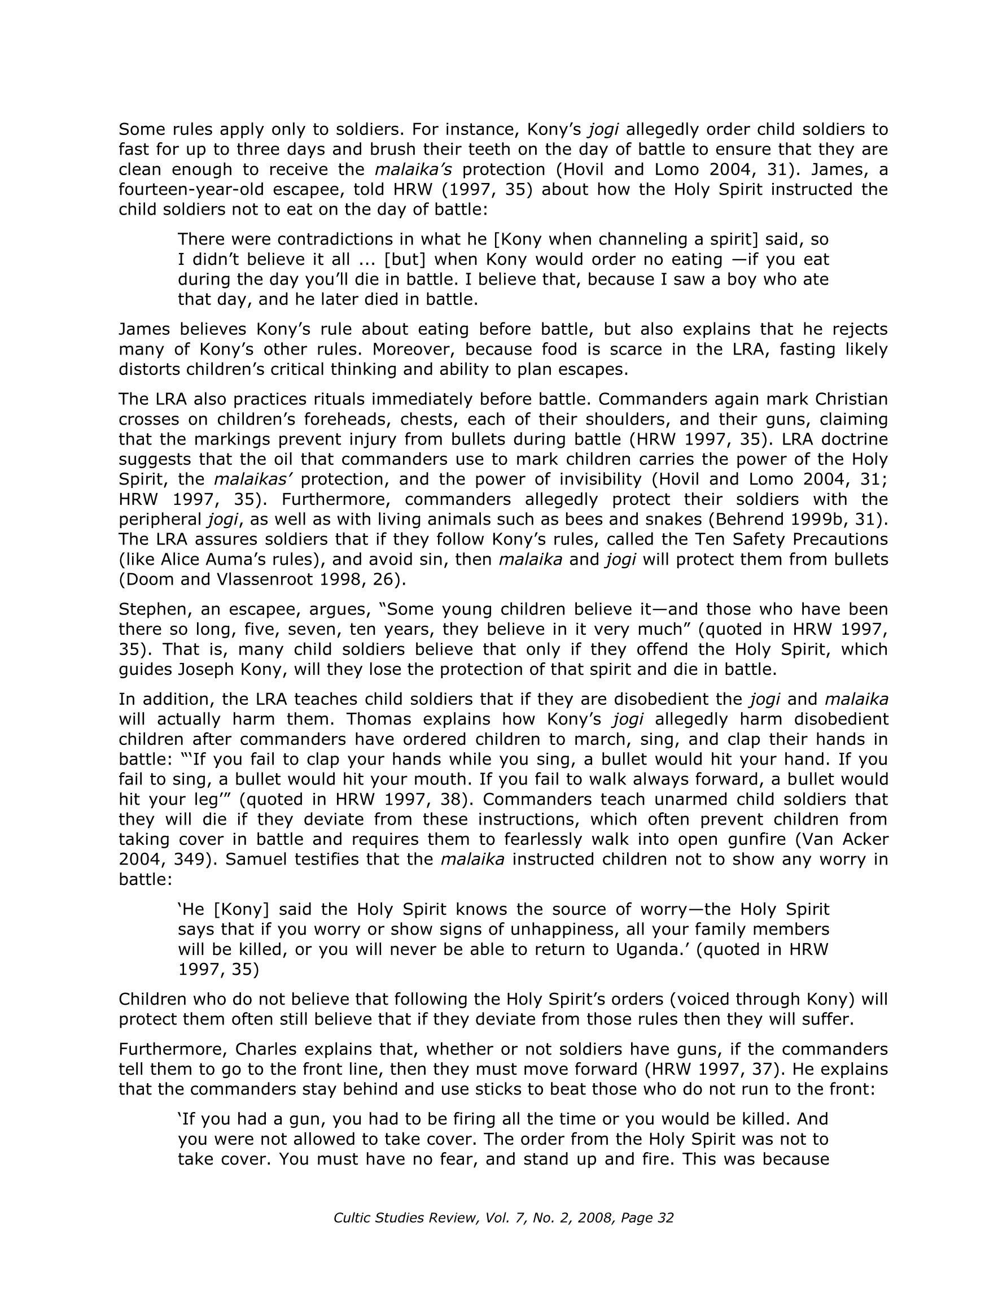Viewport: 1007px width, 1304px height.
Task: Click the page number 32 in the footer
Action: coord(666,1218)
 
